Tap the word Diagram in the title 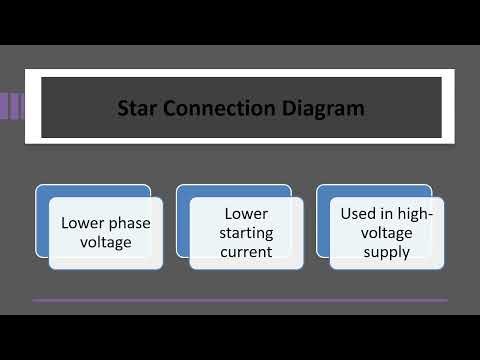coord(322,106)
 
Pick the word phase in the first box coord(129,223)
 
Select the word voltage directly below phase coord(104,242)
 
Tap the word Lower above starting coord(246,213)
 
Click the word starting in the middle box coord(246,232)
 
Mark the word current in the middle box coord(246,252)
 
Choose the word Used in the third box coord(358,213)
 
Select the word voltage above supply coord(386,232)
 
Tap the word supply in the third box coord(386,252)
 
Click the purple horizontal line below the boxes coord(240,299)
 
